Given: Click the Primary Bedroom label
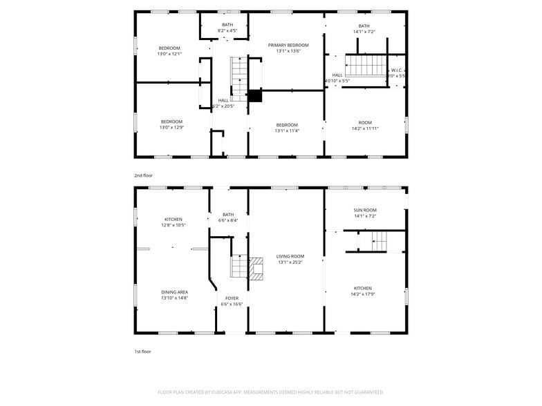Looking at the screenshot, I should [288, 45].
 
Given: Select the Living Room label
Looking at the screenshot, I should [290, 256].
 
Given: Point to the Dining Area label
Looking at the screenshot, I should [174, 292].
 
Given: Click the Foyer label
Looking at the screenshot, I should [232, 298].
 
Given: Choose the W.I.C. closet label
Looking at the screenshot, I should [397, 70].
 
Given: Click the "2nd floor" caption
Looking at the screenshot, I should [143, 175].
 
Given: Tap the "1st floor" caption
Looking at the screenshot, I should [142, 351].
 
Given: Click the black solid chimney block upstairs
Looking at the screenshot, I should [255, 96].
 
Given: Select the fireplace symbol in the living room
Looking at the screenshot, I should [256, 268].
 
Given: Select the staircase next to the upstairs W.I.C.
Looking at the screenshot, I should [364, 66].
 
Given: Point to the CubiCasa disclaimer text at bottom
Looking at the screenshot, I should [270, 392].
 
